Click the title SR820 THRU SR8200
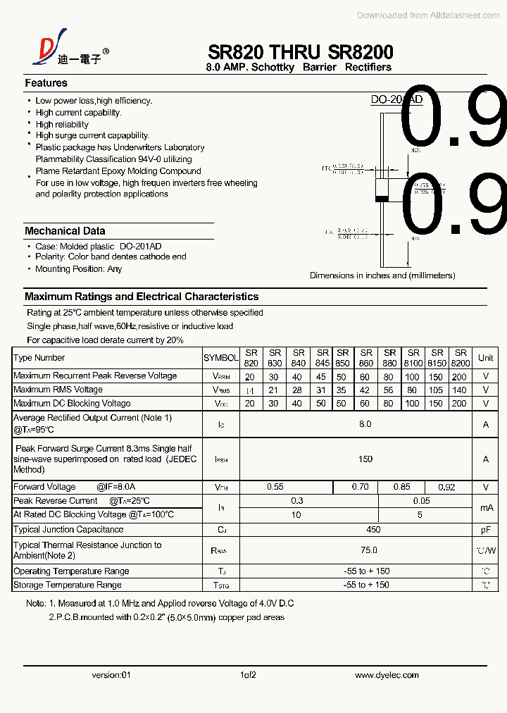pos(301,51)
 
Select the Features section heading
pos(46,83)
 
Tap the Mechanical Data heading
pos(65,231)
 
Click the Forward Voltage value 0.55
pos(275,487)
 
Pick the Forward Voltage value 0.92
pos(446,487)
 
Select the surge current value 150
pos(365,459)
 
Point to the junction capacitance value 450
pos(373,530)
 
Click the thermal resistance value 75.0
pos(368,550)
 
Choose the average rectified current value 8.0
pos(365,424)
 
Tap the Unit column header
pos(486,358)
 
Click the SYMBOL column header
pos(220,358)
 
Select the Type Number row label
pos(39,358)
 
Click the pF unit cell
pos(486,530)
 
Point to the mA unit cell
pos(486,507)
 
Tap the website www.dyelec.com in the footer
pos(387,675)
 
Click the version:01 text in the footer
pos(111,675)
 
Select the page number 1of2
pos(248,675)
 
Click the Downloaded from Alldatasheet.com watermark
pos(428,15)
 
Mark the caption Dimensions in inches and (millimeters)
pos(382,275)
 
